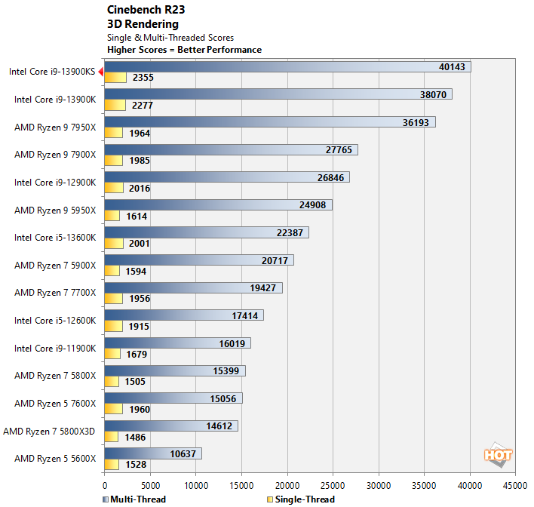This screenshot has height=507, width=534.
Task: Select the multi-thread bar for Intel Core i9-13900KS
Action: tap(287, 67)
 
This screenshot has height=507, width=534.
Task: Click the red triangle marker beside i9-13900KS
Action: tap(100, 72)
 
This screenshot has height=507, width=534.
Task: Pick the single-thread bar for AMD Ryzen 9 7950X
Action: tap(114, 133)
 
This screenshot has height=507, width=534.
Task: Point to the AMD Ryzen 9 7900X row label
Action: tap(55, 155)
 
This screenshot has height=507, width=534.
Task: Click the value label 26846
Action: tap(333, 178)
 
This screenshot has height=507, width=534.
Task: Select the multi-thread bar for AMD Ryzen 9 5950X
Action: tap(218, 205)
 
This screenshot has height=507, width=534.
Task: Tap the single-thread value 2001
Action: tap(139, 244)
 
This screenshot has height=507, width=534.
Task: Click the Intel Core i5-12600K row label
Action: tap(55, 321)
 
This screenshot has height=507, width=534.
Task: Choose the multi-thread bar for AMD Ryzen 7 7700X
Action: tap(193, 288)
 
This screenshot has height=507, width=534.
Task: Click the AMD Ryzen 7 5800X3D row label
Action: tap(50, 432)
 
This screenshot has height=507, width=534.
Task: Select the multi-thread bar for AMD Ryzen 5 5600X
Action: tap(153, 453)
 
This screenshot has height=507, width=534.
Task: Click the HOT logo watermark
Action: tap(498, 454)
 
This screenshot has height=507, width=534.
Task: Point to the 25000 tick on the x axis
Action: tap(333, 485)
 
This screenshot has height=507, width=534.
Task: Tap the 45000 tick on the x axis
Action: tap(515, 485)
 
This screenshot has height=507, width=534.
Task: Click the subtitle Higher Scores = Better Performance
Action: tap(184, 50)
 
